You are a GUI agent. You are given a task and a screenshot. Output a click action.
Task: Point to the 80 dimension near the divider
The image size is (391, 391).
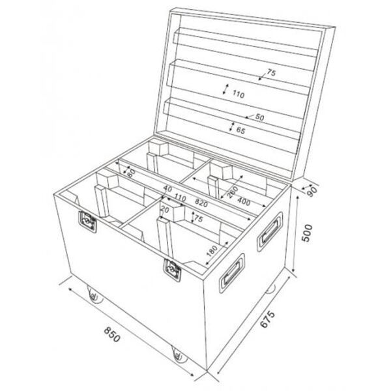pos(130,173)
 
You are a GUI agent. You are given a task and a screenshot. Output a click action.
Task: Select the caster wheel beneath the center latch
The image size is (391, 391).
pos(177,354)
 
